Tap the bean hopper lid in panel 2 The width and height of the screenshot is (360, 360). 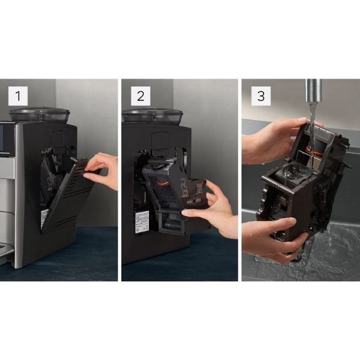tap(152, 115)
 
